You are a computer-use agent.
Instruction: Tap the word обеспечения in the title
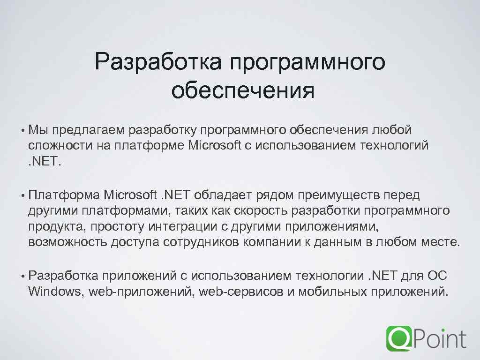[242, 90]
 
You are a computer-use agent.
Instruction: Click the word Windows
[54, 292]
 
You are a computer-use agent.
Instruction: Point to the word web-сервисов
[241, 292]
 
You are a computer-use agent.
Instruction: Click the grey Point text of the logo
[440, 338]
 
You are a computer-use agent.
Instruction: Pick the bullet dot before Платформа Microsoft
[22, 195]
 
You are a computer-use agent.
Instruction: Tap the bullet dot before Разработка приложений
[22, 275]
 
